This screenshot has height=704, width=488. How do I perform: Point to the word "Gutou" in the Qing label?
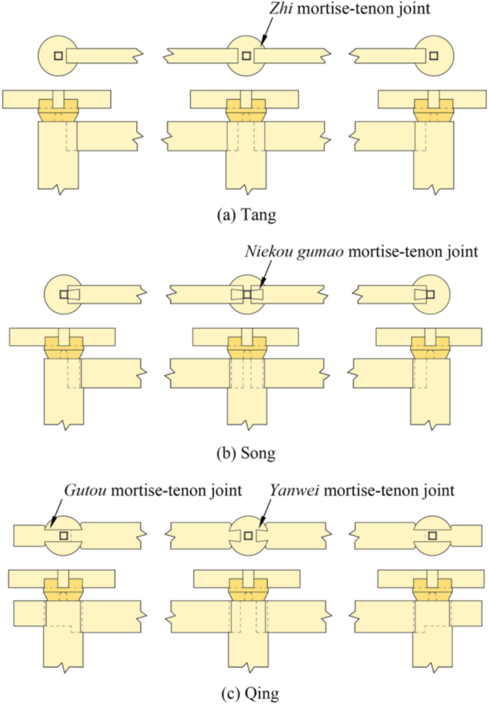click(83, 490)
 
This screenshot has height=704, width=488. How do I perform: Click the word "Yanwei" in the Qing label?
click(289, 490)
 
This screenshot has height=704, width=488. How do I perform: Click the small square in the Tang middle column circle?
click(245, 56)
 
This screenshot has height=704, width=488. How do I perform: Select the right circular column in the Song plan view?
click(434, 294)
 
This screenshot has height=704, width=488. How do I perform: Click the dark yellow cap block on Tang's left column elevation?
click(57, 110)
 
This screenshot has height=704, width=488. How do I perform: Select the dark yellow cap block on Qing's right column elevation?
click(432, 588)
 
